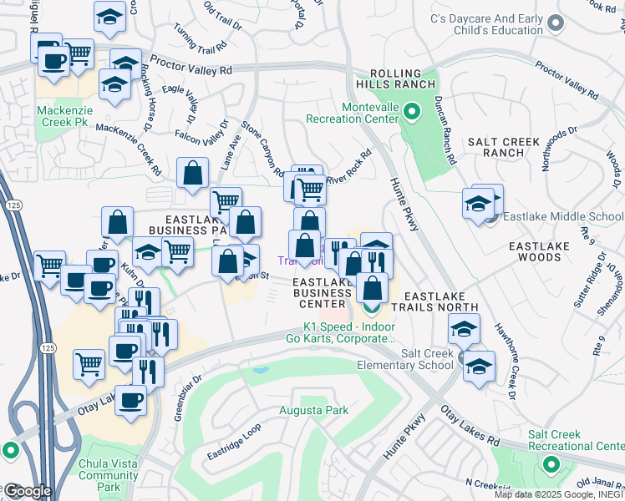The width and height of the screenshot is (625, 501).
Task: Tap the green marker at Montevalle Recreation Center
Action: coord(411,110)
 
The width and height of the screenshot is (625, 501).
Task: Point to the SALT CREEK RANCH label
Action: coord(503,147)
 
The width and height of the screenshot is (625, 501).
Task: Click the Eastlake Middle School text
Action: coord(563,217)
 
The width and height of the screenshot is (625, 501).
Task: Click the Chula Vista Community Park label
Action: coord(108,475)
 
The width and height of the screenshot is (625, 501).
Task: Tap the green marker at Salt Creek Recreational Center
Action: coord(551,463)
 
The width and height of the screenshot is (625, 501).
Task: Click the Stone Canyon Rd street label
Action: coord(263,149)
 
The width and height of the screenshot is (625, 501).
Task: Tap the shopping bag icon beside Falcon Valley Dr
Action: coord(193,174)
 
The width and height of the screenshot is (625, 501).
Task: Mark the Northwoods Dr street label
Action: coord(559,149)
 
